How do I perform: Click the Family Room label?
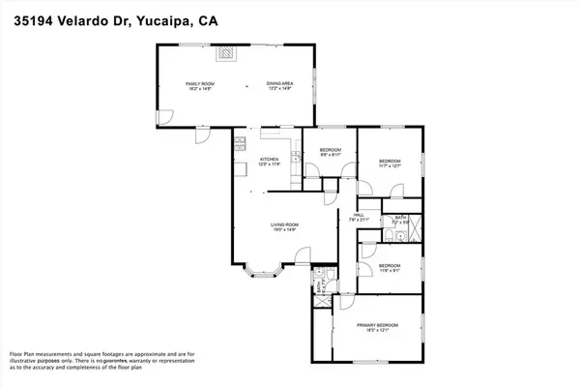pos(199,85)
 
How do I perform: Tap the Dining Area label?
pos(280,85)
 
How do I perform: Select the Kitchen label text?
pos(269,160)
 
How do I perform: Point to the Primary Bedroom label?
pos(378,328)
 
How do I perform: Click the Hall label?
pos(359,216)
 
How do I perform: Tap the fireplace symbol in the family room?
pos(224,54)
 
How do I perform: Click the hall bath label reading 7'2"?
pos(399,222)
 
